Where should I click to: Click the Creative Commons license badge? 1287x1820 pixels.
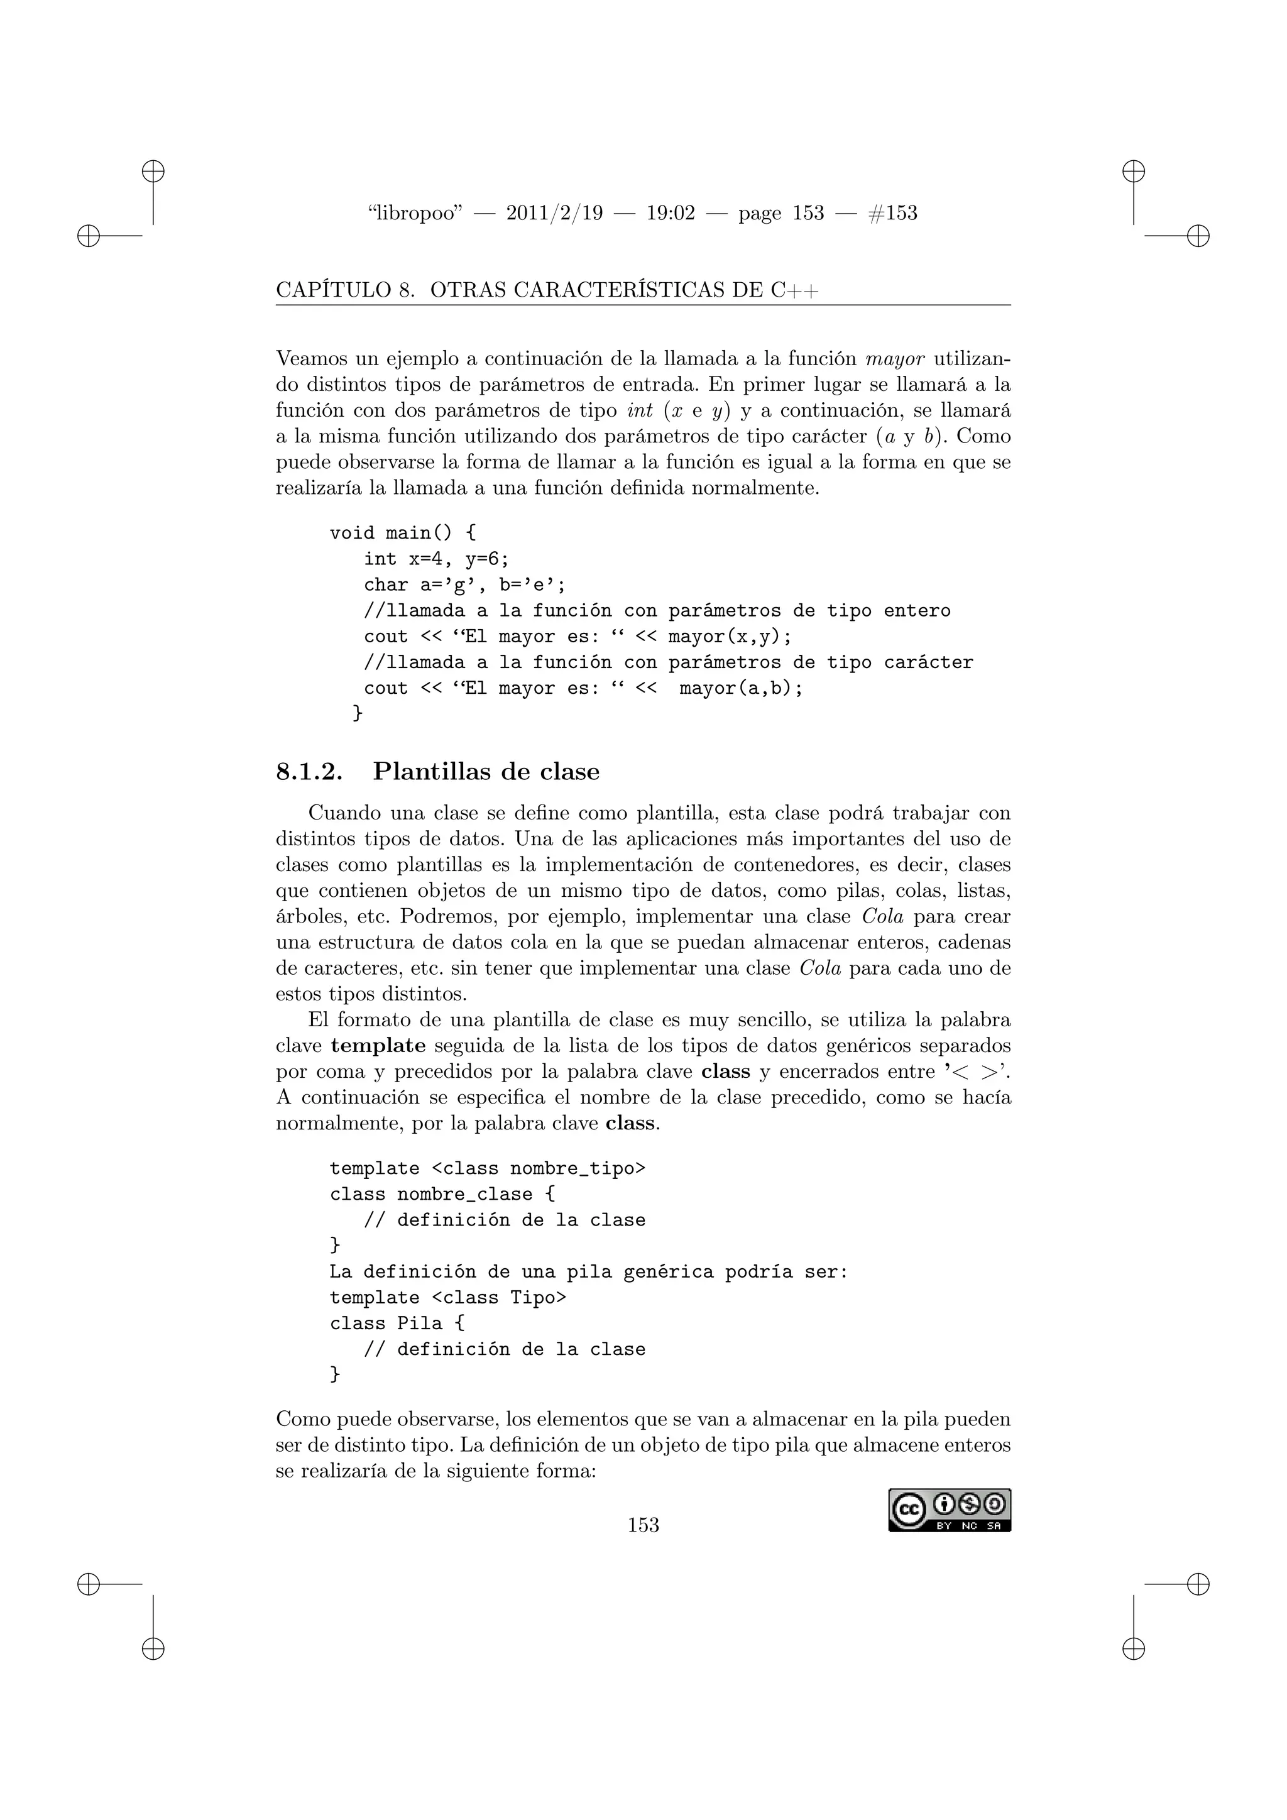[949, 1510]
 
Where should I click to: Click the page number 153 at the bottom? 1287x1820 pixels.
[643, 1525]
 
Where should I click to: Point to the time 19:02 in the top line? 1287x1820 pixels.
[671, 213]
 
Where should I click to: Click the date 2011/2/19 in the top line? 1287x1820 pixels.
[554, 213]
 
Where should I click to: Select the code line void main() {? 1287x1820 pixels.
[403, 533]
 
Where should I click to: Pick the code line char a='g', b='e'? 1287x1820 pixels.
[464, 585]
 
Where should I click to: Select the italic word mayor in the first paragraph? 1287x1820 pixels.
[895, 359]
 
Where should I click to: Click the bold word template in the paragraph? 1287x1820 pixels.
[378, 1046]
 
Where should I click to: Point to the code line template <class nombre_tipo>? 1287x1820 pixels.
[488, 1168]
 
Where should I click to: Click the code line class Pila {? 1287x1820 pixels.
[397, 1323]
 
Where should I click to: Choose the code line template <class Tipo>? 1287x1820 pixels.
[448, 1298]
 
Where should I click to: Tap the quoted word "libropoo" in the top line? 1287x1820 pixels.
[415, 213]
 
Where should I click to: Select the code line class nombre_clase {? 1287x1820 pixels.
[442, 1195]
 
